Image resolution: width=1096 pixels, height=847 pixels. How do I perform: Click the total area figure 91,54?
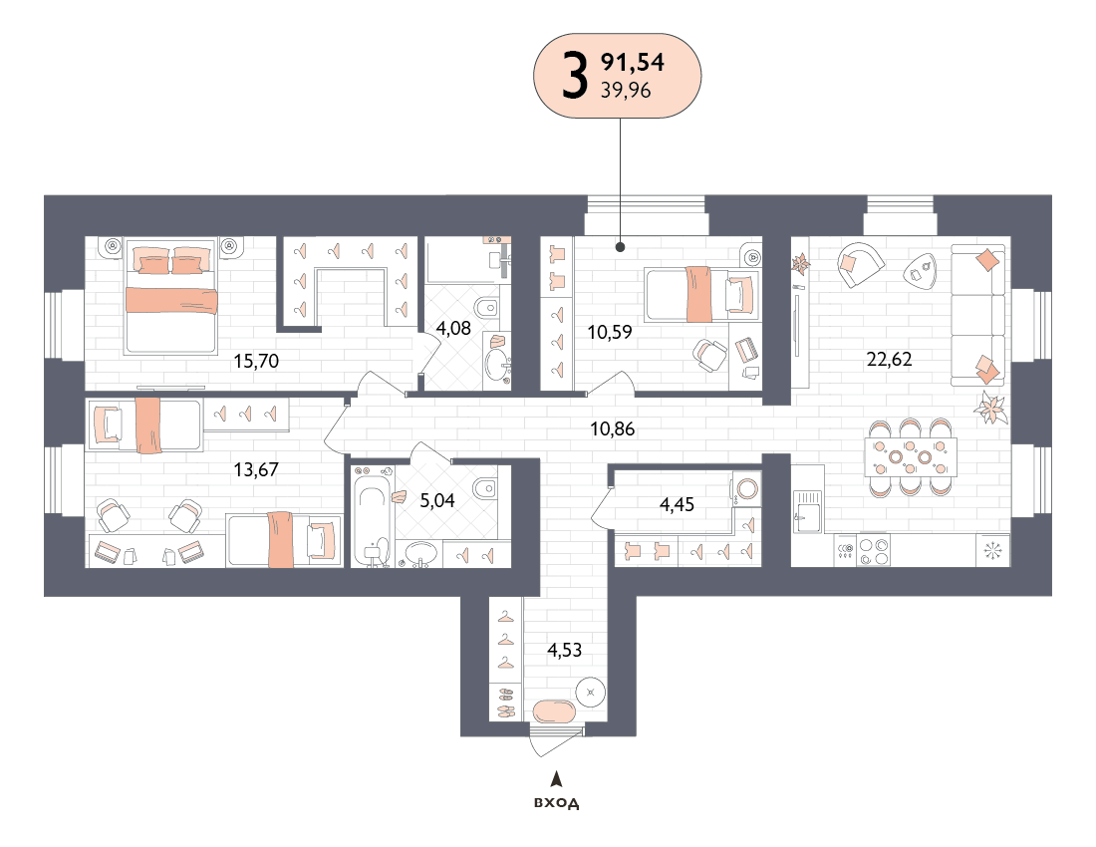coord(633,62)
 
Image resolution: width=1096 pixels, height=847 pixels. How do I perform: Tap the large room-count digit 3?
coord(575,77)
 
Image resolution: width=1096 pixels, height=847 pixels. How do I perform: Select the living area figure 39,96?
coord(626,90)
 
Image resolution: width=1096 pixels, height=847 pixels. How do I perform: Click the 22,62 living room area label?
coord(889,359)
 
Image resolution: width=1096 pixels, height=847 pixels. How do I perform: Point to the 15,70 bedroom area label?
coord(256,362)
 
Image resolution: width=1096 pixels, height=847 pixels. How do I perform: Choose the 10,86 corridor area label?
coord(613,429)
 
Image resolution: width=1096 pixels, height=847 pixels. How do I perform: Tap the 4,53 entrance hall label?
coord(564,651)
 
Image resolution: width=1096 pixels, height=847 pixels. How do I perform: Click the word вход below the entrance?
coord(556,803)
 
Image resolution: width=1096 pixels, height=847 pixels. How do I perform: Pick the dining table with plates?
coord(910,456)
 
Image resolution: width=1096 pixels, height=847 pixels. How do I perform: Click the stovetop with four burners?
coord(874,551)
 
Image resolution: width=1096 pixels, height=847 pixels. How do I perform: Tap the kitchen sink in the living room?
coord(807,511)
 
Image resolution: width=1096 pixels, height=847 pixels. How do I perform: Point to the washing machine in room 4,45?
coord(746,488)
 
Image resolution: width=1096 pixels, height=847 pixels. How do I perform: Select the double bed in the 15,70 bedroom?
coord(171,296)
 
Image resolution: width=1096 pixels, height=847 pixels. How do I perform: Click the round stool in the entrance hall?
coord(591,693)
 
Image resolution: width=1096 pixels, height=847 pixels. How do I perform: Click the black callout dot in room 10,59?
coord(620,247)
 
